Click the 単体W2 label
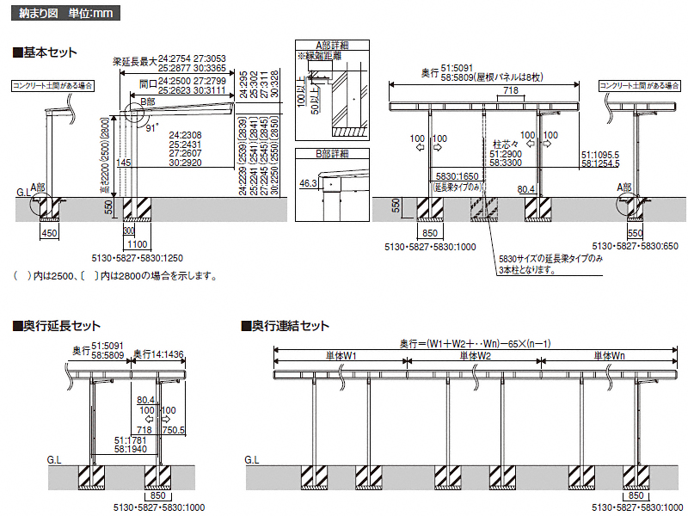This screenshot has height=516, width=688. [x=474, y=356]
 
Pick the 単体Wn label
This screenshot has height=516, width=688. [x=608, y=356]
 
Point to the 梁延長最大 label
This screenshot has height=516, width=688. [x=132, y=62]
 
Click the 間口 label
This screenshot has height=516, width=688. [x=148, y=84]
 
